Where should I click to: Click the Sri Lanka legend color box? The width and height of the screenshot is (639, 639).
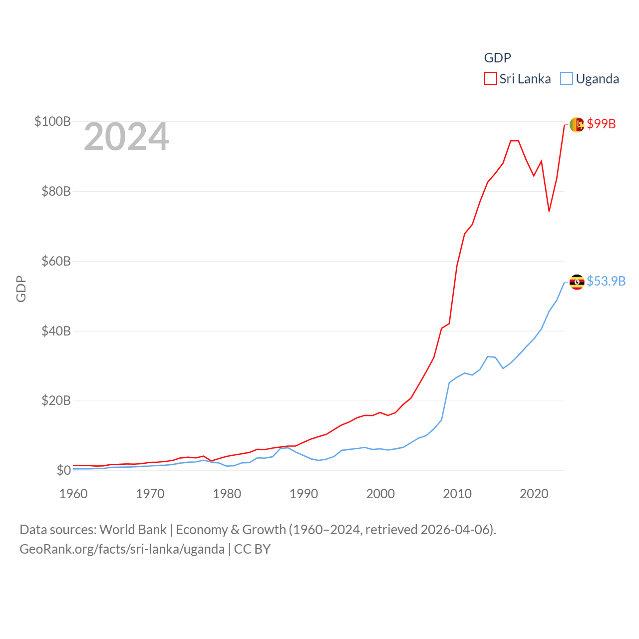pos(490,79)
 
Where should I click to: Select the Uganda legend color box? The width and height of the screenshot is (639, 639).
pos(566,79)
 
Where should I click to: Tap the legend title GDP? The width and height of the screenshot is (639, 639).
pos(497,58)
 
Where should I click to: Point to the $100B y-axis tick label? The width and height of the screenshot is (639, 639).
pos(52,121)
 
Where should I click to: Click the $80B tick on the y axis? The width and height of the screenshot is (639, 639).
pos(56,191)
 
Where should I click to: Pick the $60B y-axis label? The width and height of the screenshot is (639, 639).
pos(56,261)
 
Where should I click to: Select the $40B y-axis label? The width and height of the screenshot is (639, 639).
pos(56,331)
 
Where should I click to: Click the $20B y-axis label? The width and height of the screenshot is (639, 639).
pos(56,401)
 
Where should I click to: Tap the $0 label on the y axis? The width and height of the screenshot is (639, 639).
pos(63,470)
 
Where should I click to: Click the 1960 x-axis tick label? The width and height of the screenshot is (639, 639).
pos(73,494)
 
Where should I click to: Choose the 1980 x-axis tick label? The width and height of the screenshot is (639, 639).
pos(227,494)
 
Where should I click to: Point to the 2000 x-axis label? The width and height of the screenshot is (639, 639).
pos(380,494)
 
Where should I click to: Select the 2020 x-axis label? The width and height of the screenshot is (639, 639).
pos(534,494)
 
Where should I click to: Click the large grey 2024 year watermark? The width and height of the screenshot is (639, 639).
pos(126,137)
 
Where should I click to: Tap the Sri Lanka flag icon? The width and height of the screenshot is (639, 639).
pos(577,124)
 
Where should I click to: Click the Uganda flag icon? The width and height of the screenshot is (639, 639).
pos(577,282)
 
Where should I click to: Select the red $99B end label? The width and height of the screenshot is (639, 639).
pos(601,124)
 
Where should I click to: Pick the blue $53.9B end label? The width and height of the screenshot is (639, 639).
pos(606,281)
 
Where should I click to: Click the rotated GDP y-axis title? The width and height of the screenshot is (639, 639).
pos(21,289)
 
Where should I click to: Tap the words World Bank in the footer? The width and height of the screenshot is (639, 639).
pos(133,529)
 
